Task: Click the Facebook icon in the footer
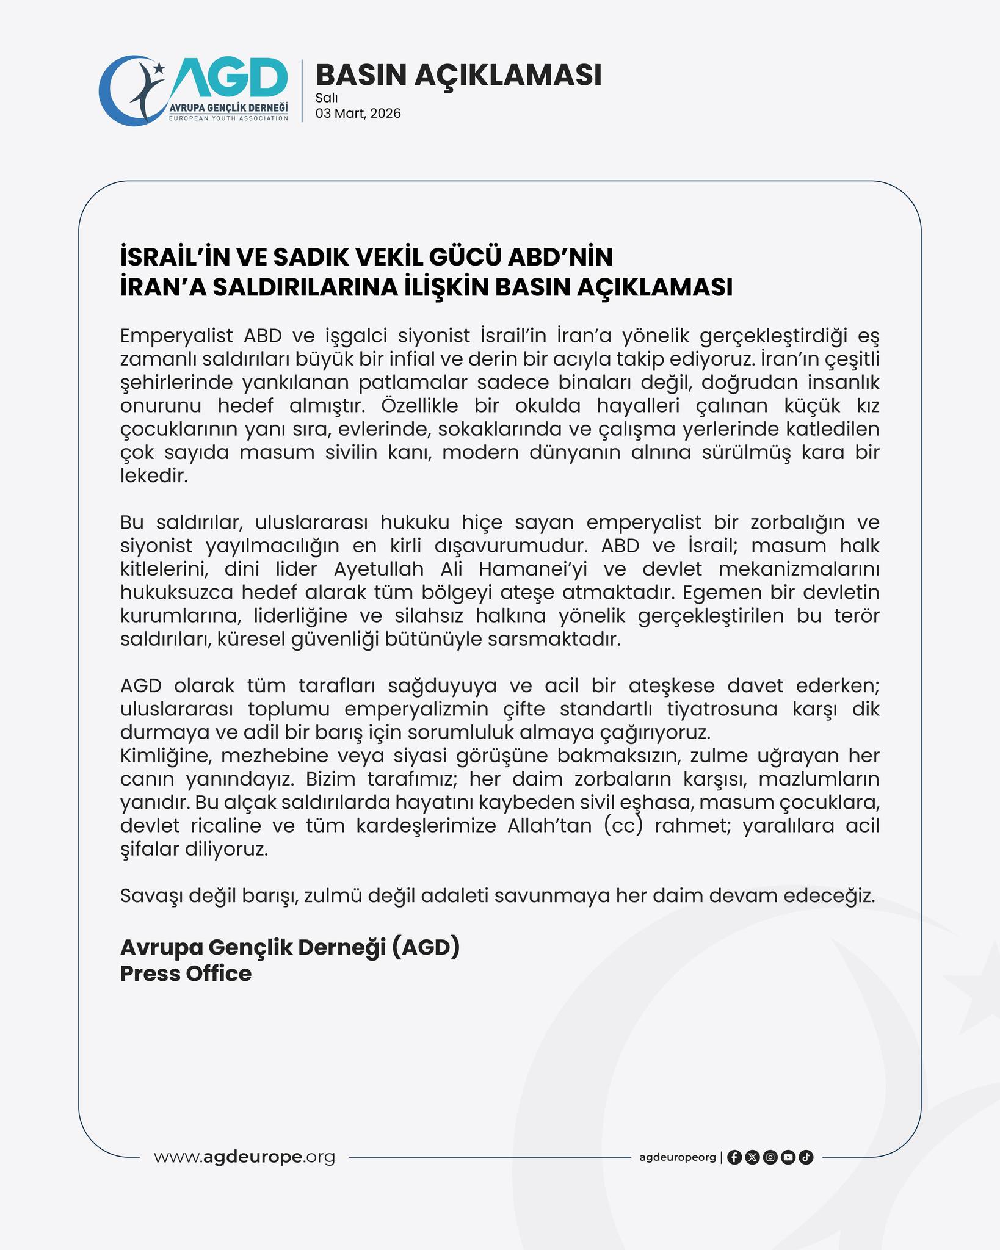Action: [x=734, y=1157]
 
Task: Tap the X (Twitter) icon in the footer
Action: [x=752, y=1157]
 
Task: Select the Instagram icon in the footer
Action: [x=770, y=1157]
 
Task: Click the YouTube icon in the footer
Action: [x=788, y=1157]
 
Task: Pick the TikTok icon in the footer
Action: [x=806, y=1157]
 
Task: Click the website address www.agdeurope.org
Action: [x=244, y=1157]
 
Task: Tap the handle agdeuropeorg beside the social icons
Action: [x=677, y=1157]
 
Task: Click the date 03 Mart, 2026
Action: [x=358, y=114]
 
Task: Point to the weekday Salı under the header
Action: [x=327, y=98]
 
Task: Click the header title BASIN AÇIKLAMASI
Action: [x=458, y=75]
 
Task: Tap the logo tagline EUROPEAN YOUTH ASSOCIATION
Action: [x=228, y=118]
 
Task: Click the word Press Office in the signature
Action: [x=186, y=974]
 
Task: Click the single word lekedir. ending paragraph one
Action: [x=153, y=476]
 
